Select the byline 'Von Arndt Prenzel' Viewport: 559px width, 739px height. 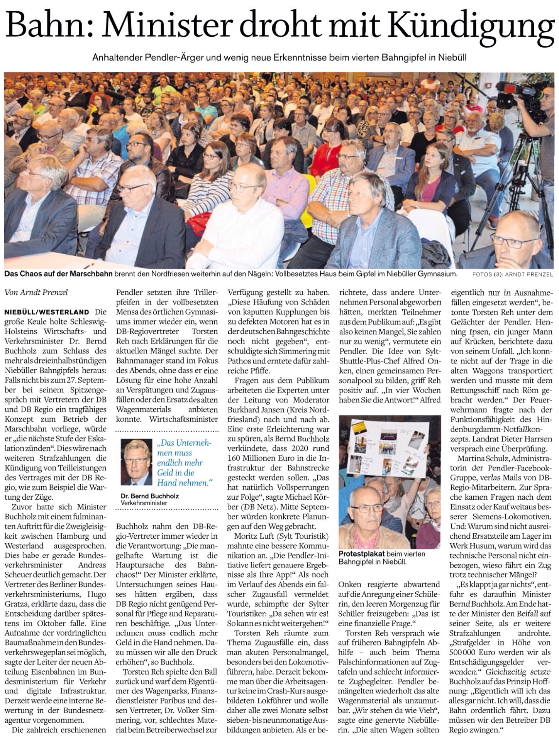tap(36, 292)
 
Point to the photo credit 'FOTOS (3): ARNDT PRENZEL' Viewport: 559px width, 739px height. tap(512, 275)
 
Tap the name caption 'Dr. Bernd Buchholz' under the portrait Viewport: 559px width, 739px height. tap(146, 497)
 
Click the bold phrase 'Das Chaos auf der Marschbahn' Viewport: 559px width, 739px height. tap(59, 274)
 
